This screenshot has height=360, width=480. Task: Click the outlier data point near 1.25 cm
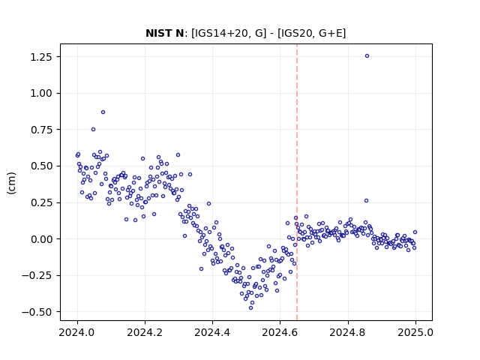coord(367,56)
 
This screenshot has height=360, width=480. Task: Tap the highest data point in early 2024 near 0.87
coord(103,112)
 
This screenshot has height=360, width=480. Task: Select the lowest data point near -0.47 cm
coord(250,307)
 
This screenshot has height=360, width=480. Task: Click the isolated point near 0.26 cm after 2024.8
coord(366,201)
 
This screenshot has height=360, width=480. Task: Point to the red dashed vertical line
coord(297,182)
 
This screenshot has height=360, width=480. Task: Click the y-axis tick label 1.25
coord(41,57)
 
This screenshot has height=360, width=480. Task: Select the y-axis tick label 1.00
coord(41,93)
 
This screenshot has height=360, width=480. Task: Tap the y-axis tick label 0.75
coord(41,130)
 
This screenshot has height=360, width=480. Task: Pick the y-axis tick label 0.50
coord(41,166)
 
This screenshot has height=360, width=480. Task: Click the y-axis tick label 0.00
coord(41,239)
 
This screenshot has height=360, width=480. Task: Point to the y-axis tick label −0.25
coord(37,275)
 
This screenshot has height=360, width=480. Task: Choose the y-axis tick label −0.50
coord(37,312)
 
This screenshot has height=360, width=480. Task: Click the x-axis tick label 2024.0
coord(77,332)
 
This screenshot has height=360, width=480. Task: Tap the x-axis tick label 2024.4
coord(212,332)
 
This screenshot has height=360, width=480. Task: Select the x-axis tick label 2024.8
coord(348,332)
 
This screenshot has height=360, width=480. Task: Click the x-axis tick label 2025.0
coord(415,332)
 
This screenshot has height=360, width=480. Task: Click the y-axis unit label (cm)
coord(12,183)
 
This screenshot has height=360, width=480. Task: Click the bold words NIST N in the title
coord(165,33)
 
